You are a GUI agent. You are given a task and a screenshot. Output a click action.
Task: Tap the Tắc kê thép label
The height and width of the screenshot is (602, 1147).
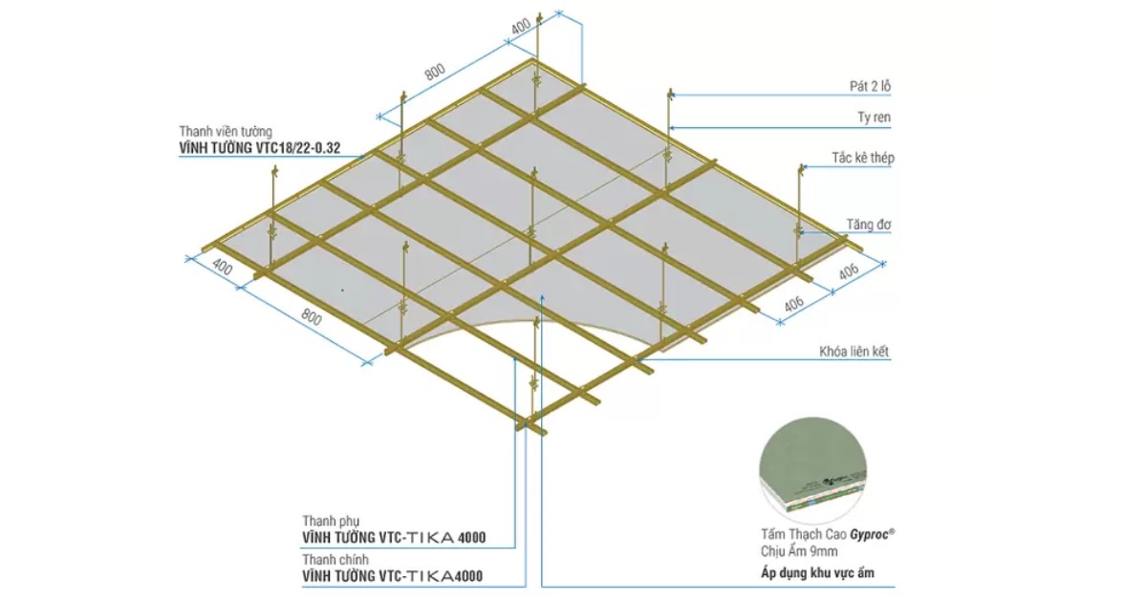[863, 158]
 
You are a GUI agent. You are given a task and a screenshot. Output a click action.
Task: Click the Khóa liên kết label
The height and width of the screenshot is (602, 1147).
[855, 352]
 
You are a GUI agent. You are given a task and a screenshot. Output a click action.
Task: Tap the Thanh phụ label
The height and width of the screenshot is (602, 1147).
[331, 521]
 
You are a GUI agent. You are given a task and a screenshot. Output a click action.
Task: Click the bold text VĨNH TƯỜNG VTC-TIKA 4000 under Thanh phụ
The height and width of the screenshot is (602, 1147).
[394, 538]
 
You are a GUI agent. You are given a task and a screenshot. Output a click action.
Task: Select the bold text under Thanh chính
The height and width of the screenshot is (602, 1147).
[392, 576]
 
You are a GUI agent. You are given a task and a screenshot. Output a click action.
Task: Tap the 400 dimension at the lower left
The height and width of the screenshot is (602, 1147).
[223, 269]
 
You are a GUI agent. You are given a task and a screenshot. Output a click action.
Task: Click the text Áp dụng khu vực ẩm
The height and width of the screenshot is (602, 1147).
[815, 573]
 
